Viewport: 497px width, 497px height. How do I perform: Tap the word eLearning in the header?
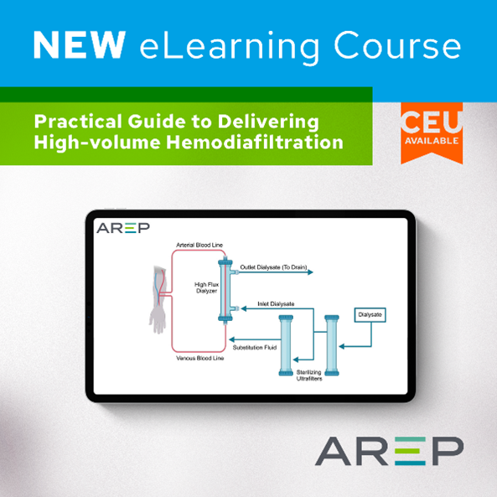213,43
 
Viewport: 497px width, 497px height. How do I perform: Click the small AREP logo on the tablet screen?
117,227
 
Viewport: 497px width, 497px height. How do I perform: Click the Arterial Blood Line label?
198,245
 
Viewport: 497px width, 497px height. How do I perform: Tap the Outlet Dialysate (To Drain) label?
274,267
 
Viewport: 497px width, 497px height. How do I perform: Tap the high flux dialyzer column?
225,289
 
